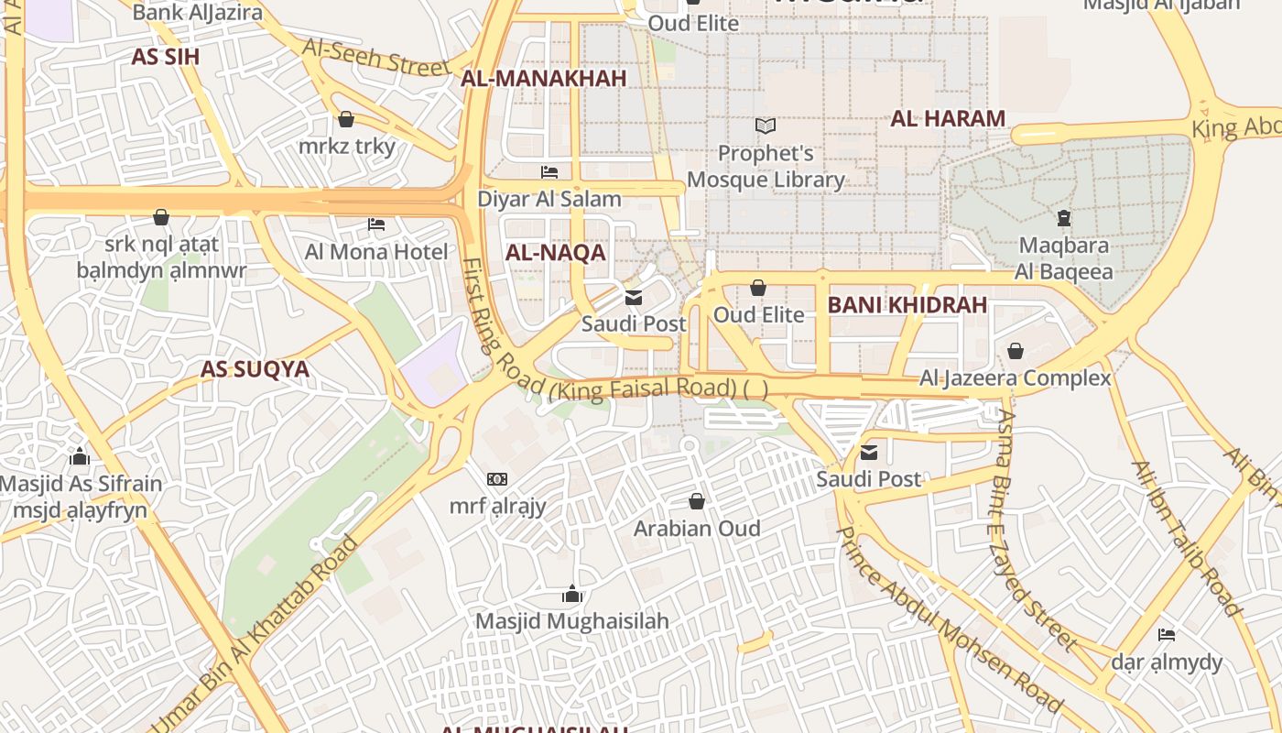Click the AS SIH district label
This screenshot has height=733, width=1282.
165,57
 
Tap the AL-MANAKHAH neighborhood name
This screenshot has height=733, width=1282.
544,79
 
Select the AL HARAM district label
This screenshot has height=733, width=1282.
948,118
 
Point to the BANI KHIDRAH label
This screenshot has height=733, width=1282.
907,306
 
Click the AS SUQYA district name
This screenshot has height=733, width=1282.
255,370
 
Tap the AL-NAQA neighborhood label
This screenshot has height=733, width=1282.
556,254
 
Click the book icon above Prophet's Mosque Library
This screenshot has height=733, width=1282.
766,126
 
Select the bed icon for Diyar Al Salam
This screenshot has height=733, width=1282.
549,171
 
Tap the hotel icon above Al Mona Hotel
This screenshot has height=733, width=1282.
376,224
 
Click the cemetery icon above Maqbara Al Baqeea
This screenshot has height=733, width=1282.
1063,218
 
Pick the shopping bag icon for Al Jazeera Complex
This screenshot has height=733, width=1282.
1015,351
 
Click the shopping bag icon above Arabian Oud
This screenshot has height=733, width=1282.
697,501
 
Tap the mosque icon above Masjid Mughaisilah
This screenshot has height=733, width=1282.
572,594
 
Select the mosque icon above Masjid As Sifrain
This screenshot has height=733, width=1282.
80,456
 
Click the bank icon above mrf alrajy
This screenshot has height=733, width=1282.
497,478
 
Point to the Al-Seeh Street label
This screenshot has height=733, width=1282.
376,57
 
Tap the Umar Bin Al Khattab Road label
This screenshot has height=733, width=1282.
256,632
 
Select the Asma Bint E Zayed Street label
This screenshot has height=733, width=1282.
1034,529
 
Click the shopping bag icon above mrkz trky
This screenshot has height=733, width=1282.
346,119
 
